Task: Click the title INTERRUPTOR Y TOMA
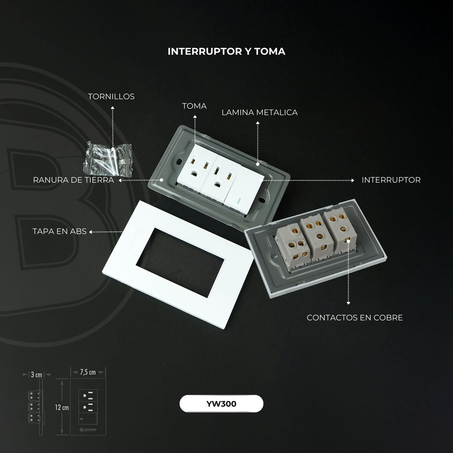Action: (226, 51)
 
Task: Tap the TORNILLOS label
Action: (111, 96)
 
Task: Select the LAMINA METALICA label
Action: (259, 112)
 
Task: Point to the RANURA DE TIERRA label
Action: (73, 180)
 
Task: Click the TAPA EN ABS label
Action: (60, 231)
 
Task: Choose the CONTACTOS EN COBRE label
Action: (355, 317)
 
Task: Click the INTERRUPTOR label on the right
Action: (391, 180)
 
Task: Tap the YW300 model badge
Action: (221, 404)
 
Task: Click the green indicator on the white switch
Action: (239, 201)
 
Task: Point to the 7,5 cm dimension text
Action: (88, 372)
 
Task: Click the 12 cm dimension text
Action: (62, 407)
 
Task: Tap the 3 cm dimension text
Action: (37, 374)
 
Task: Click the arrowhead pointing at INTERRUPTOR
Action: (353, 180)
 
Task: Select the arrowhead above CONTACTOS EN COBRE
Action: (348, 303)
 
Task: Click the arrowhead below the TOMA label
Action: (195, 117)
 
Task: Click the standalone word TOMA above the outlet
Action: (194, 106)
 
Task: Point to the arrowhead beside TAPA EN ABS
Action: (91, 232)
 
